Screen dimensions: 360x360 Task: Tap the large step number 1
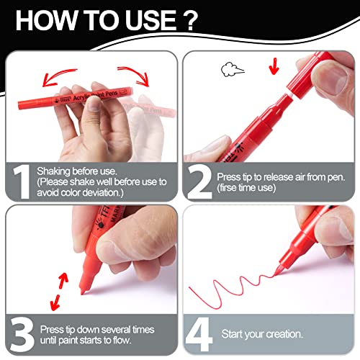[22, 181]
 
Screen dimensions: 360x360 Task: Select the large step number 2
[199, 181]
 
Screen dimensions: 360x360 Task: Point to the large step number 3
[22, 335]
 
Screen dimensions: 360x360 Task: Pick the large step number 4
[199, 335]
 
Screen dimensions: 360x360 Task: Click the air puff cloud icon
[232, 69]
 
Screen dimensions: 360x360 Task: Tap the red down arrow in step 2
[274, 66]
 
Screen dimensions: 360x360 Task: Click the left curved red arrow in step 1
[58, 76]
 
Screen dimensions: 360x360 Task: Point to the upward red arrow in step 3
[63, 280]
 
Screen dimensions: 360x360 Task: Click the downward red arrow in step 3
[55, 302]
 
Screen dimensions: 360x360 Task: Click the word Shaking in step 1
[53, 171]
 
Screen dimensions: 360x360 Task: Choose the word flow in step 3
[122, 340]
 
